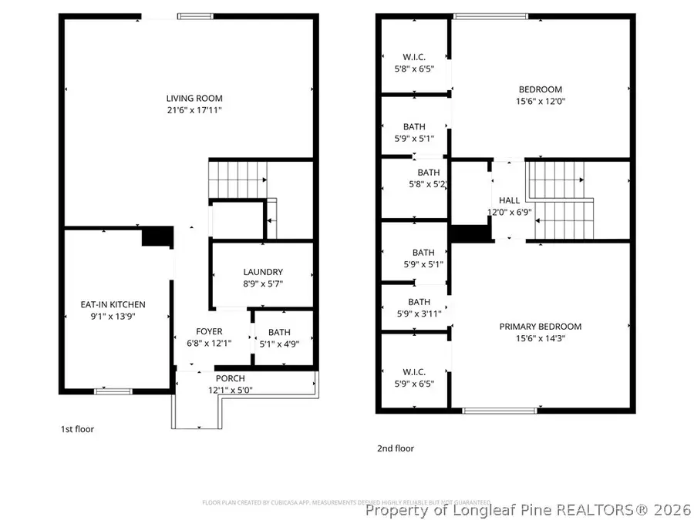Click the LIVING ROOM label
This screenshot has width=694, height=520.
coord(194,98)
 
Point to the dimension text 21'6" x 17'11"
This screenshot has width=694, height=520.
coord(194,110)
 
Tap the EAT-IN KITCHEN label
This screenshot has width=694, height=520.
coord(113,304)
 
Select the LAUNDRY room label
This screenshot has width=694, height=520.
coord(263,272)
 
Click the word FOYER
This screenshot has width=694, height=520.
coord(209,332)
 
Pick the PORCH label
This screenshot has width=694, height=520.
coord(230,378)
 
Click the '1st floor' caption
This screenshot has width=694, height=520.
coord(77,429)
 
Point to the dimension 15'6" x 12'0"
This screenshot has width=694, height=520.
coord(540,101)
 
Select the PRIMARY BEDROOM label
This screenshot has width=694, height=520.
coord(540,327)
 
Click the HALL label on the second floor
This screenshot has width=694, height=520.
coord(509,200)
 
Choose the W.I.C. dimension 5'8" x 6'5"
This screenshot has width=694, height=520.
coord(414,69)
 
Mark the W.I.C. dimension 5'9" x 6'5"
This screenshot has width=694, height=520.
coord(414,383)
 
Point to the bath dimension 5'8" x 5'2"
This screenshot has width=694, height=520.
coord(429,185)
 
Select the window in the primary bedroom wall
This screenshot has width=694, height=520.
coord(494,411)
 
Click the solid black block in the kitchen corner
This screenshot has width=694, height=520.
coord(157,237)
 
